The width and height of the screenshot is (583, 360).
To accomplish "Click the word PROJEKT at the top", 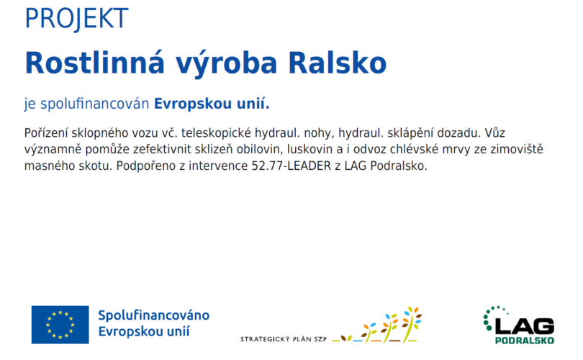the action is (x=76, y=19).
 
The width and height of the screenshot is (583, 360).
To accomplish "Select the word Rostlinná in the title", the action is (x=95, y=63).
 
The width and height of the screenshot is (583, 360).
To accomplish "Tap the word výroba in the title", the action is (x=227, y=64).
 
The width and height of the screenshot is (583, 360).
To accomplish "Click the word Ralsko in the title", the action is (x=338, y=63).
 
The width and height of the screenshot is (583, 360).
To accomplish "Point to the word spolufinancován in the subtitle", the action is (x=95, y=104).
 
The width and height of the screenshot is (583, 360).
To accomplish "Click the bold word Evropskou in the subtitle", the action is (x=193, y=104).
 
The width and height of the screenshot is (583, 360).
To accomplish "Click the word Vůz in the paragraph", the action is (x=494, y=132).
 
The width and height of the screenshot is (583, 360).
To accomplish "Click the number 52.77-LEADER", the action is (x=291, y=166).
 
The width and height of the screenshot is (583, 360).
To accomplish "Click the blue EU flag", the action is (x=60, y=325).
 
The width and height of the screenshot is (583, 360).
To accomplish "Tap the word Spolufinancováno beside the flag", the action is (x=153, y=315).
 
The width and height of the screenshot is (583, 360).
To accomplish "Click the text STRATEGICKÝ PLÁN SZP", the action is (x=284, y=339).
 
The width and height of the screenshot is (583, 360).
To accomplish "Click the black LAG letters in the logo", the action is (x=525, y=327).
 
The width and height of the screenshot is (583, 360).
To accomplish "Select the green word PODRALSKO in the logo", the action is (x=525, y=341).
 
